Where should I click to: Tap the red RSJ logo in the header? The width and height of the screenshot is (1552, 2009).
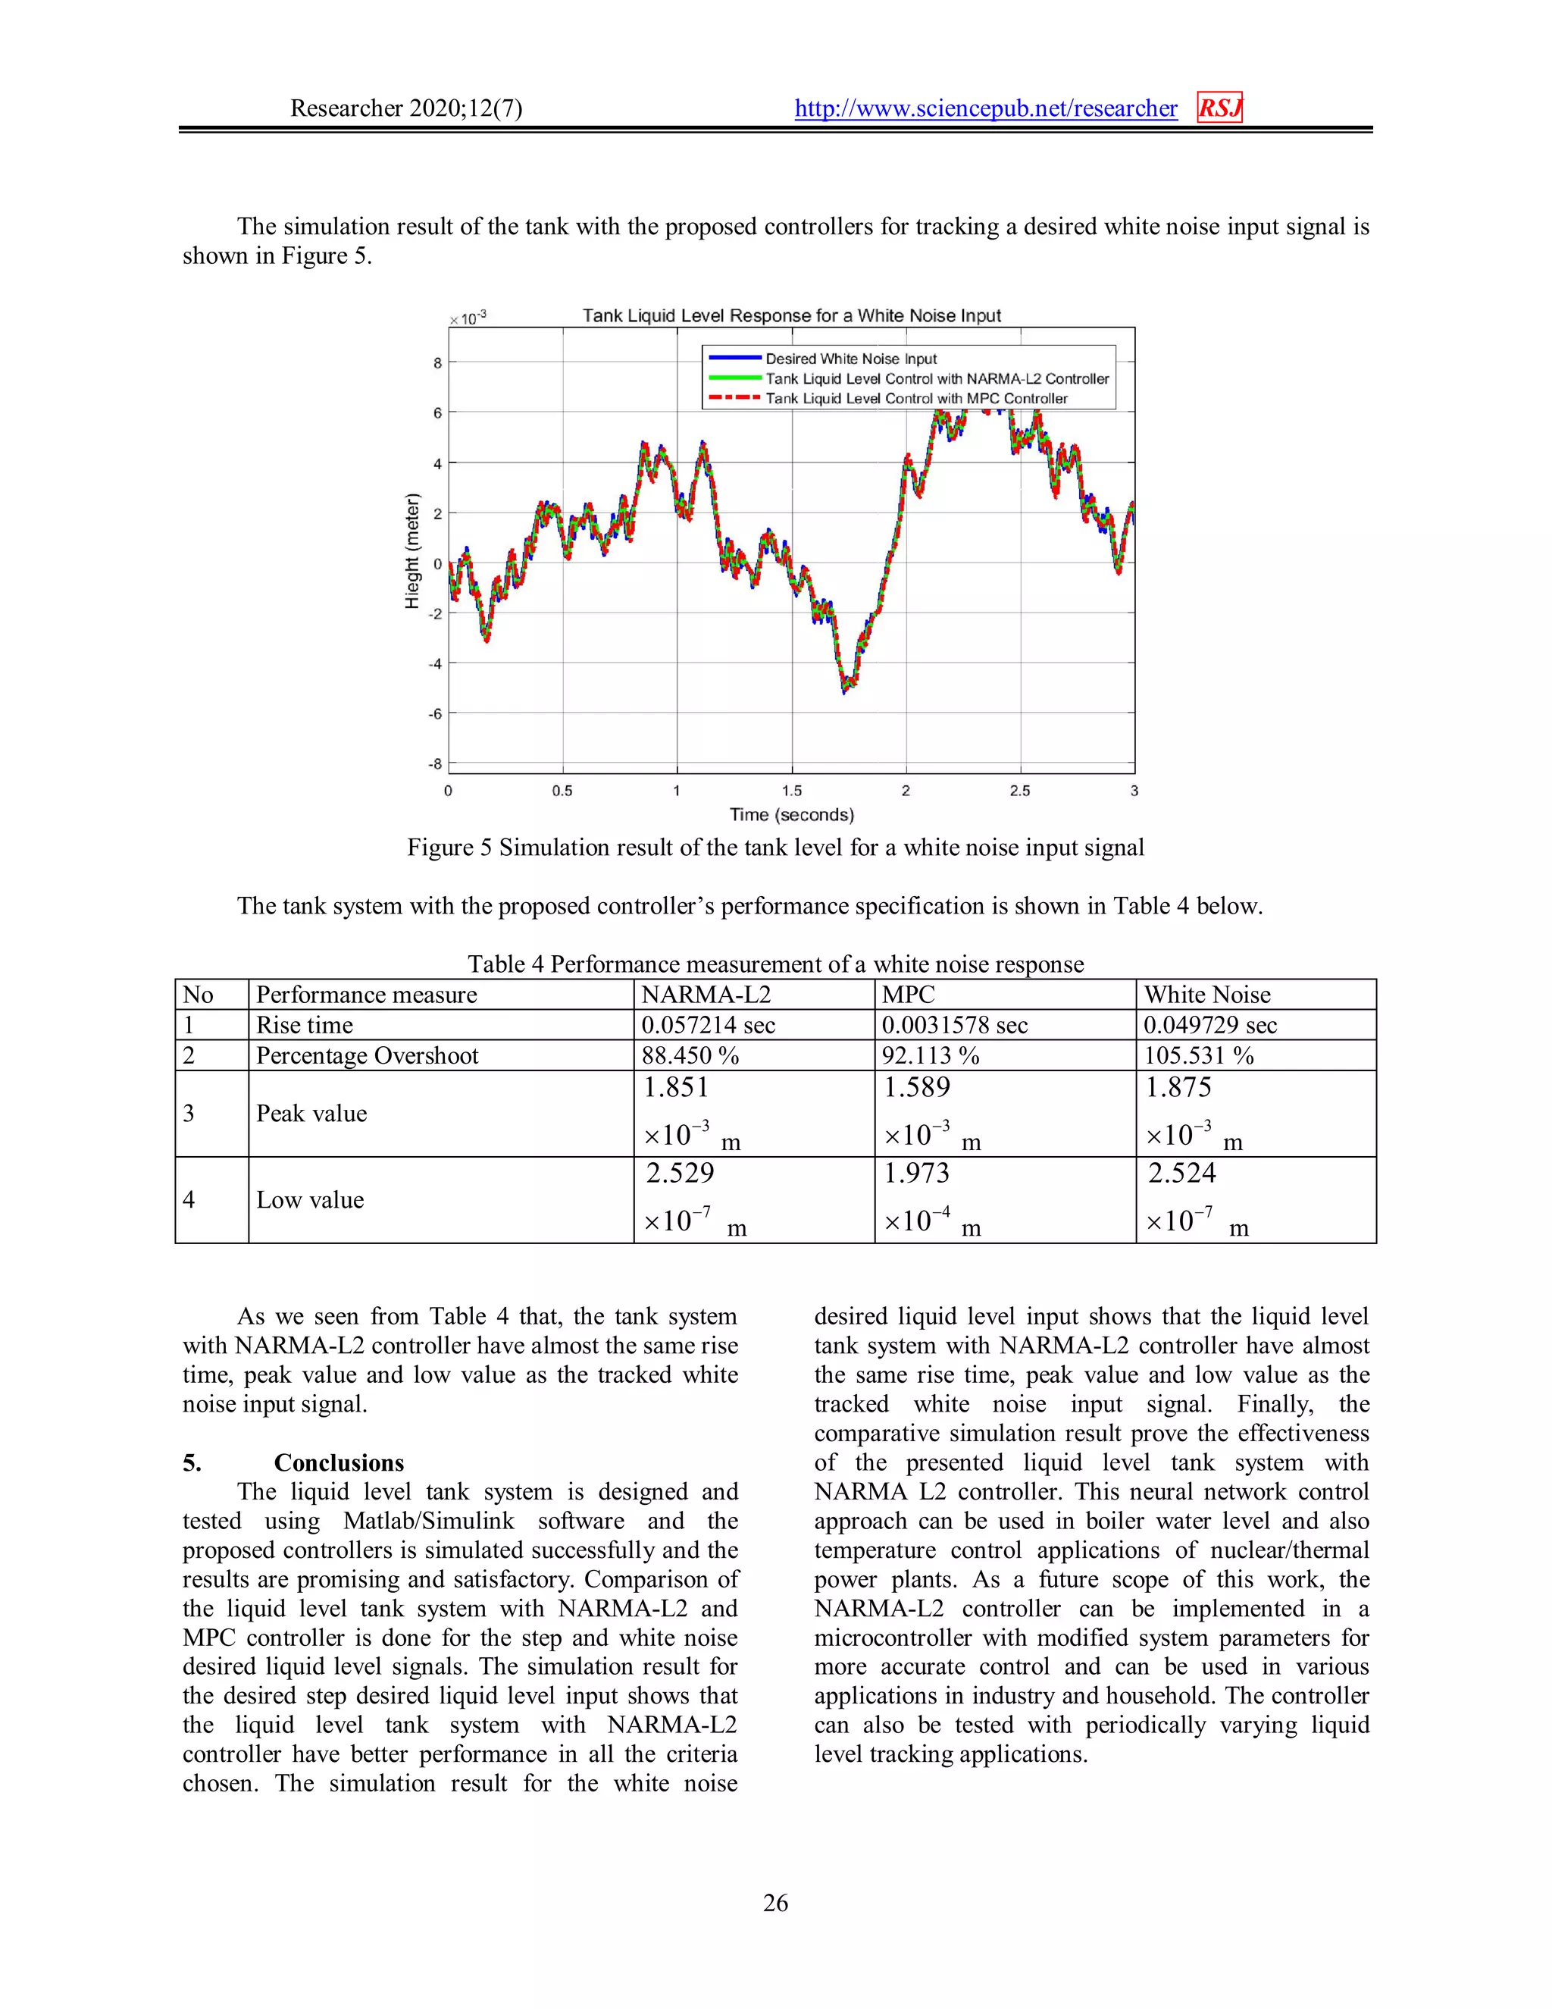(1219, 108)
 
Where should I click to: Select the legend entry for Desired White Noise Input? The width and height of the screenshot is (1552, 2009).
(850, 359)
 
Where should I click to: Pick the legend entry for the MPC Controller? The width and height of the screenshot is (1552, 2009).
(915, 398)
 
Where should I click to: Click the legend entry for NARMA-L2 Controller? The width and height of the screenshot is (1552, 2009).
(936, 379)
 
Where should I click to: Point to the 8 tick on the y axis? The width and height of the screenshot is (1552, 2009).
(438, 363)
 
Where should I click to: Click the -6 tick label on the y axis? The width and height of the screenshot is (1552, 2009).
(435, 714)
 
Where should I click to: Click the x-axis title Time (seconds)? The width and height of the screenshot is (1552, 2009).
(792, 815)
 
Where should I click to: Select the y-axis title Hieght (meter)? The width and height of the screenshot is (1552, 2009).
(412, 551)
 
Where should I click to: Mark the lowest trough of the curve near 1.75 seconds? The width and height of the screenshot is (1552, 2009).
(845, 691)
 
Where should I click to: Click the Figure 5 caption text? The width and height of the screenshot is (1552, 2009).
(775, 848)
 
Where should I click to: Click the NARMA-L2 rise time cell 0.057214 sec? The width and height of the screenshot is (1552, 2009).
(708, 1025)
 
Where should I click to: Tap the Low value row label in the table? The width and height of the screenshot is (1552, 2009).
(310, 1199)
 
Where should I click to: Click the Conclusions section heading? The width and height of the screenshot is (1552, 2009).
(338, 1462)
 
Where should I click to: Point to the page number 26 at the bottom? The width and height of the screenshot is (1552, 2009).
(775, 1902)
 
